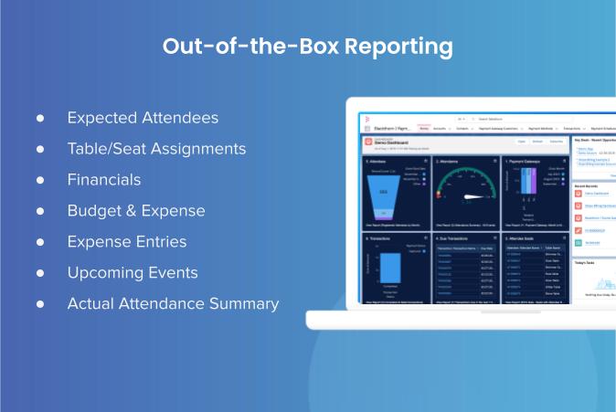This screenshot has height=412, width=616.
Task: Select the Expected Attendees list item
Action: pyautogui.click(x=143, y=118)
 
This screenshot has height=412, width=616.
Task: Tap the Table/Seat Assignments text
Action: pyautogui.click(x=156, y=148)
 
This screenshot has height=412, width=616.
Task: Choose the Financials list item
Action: pyautogui.click(x=104, y=179)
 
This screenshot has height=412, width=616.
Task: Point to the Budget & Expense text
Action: pyautogui.click(x=136, y=210)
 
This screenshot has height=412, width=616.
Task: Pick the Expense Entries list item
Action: pyautogui.click(x=126, y=241)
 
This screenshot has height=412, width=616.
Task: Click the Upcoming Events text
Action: pyautogui.click(x=132, y=272)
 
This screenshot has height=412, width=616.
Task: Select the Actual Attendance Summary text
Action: pyautogui.click(x=173, y=303)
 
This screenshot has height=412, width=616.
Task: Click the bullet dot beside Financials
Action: pyautogui.click(x=40, y=180)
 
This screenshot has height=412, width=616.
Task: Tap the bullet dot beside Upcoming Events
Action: pyautogui.click(x=40, y=273)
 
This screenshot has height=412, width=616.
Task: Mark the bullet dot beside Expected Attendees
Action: pyautogui.click(x=40, y=119)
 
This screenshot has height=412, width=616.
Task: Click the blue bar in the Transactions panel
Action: pyautogui.click(x=390, y=269)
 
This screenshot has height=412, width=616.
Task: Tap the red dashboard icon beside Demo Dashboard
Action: pyautogui.click(x=368, y=143)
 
